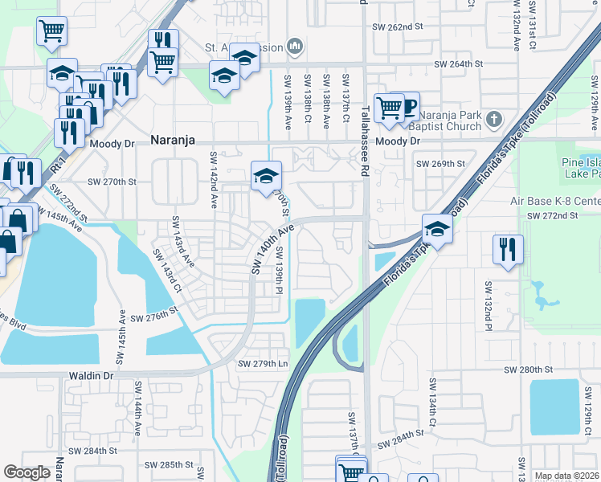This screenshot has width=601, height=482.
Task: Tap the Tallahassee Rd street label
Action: tap(364, 140)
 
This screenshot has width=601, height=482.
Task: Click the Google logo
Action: tap(27, 472)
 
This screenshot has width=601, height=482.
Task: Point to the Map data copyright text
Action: tap(566, 476)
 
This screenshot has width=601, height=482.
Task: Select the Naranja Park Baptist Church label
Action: tap(453, 120)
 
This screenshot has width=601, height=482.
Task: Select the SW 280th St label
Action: tap(529, 370)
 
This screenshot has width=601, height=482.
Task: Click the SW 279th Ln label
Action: tap(262, 364)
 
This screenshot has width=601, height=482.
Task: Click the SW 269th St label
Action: tap(440, 164)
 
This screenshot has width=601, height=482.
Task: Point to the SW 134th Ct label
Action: tap(431, 411)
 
